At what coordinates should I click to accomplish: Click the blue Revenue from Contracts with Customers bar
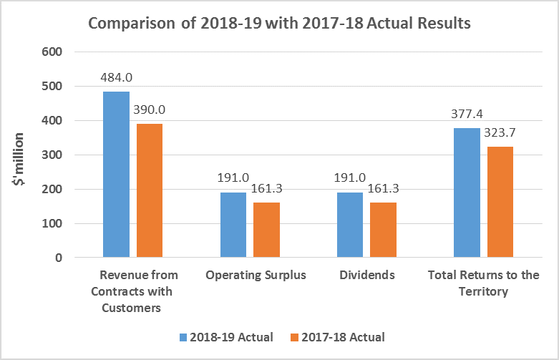point(116,174)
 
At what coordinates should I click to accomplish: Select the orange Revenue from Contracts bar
point(150,190)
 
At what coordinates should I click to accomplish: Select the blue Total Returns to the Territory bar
point(467,193)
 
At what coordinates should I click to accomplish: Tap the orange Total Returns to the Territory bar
point(500,202)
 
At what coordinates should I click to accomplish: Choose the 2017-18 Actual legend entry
point(340,337)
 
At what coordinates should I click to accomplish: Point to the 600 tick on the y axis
point(54,52)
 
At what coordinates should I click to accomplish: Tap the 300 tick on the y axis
point(54,155)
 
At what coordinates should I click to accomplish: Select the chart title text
point(279,23)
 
